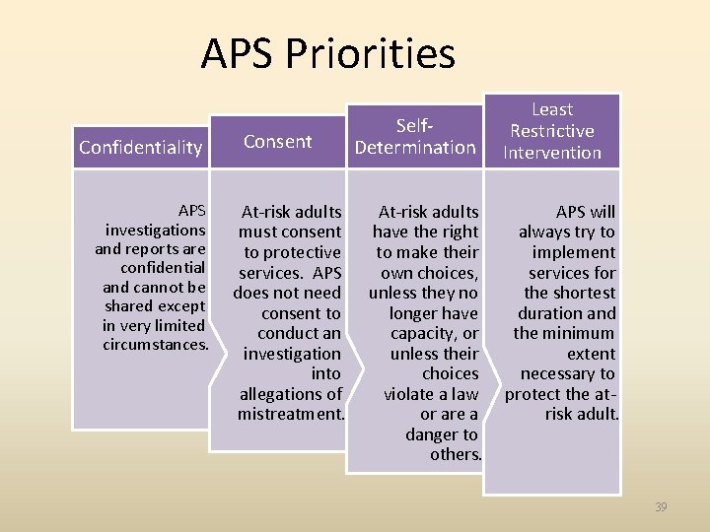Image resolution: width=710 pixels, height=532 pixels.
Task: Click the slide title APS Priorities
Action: pos(327,54)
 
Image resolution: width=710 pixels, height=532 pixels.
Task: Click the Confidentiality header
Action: pos(141,148)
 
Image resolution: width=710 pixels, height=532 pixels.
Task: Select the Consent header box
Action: pos(278,141)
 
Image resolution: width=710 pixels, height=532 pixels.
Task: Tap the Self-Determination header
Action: pos(415,137)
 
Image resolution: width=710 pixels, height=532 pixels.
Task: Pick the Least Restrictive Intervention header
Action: pos(552,130)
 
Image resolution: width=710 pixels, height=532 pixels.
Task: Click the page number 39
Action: pos(661,507)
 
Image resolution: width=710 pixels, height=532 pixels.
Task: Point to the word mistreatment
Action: pos(290,414)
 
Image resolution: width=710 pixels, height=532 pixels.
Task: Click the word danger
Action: pos(426,433)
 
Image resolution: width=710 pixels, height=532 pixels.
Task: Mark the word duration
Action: pos(551,313)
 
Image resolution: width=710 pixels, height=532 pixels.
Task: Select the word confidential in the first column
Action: pos(163,268)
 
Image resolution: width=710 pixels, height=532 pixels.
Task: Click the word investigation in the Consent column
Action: pos(292,354)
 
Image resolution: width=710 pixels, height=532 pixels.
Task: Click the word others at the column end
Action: pos(456,454)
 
